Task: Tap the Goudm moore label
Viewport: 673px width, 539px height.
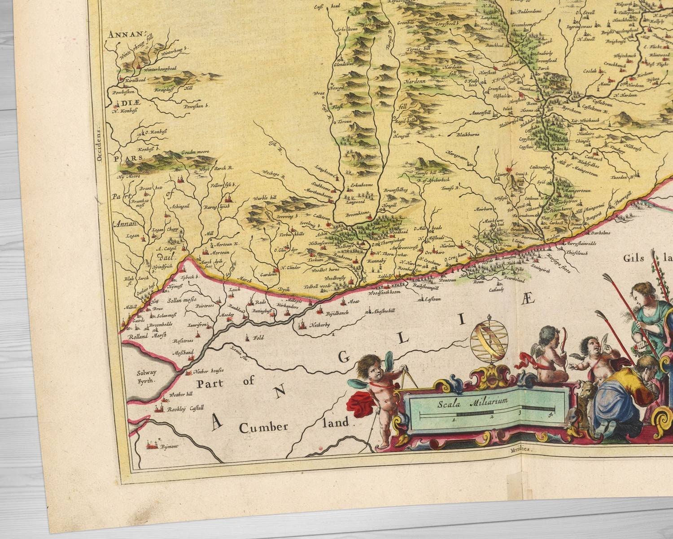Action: [196, 153]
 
